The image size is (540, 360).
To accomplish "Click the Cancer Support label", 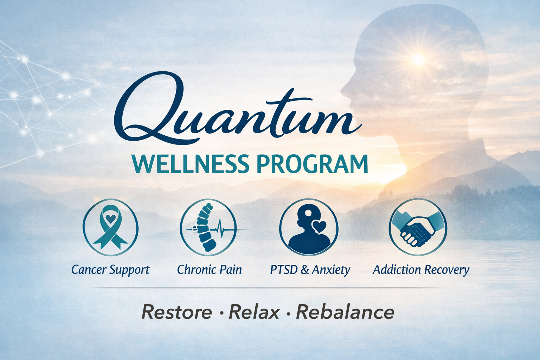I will pos(110,270).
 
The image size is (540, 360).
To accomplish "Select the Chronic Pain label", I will pos(210,270).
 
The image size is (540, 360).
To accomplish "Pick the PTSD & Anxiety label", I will pos(310,270).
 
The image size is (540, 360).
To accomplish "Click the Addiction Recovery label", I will pos(421,270).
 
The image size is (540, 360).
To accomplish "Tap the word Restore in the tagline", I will pos(176,312).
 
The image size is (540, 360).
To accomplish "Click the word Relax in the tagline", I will pos(254,312).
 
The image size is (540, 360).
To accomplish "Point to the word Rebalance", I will pos(345,312).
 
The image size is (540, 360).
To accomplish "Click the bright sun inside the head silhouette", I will pos(418,59).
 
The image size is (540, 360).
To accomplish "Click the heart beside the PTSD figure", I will pos(320,227).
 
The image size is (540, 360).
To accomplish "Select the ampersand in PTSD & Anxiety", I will pos(305,270).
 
